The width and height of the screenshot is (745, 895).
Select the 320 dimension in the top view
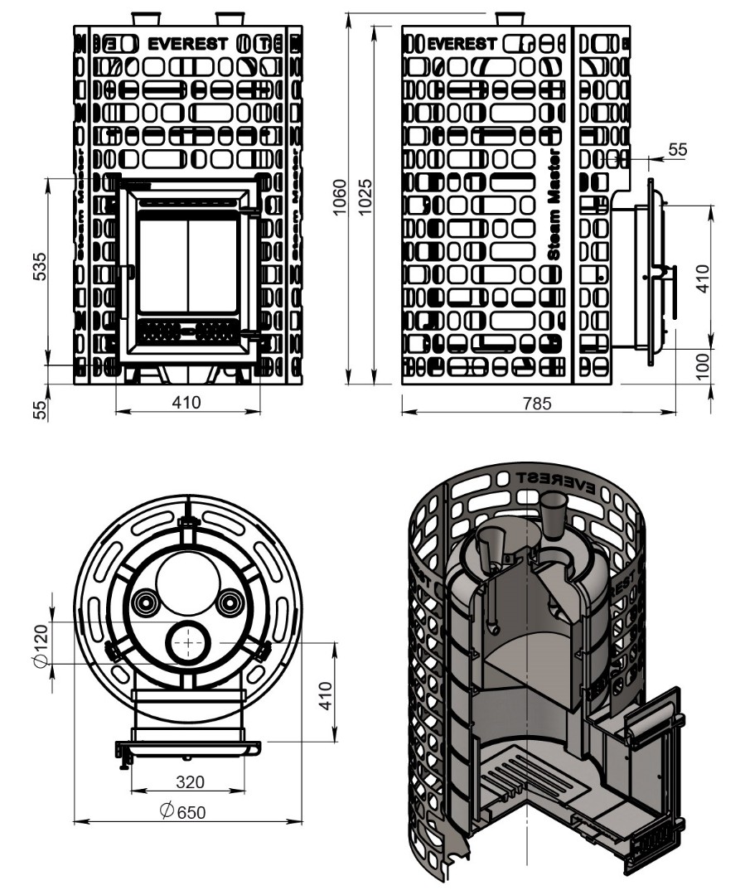pyautogui.click(x=191, y=781)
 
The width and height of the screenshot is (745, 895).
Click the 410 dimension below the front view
pyautogui.click(x=186, y=403)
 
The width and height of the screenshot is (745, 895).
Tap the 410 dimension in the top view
pyautogui.click(x=325, y=694)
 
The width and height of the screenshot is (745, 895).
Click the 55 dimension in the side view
pyautogui.click(x=678, y=149)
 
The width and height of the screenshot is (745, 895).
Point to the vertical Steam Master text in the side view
pyautogui.click(x=555, y=204)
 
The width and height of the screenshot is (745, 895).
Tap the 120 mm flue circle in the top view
pyautogui.click(x=190, y=642)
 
